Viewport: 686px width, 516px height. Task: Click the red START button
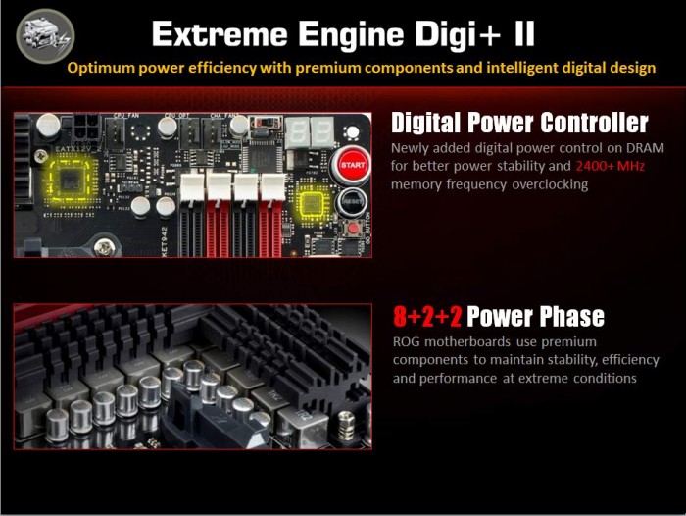353,165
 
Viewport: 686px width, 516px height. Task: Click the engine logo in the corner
45,36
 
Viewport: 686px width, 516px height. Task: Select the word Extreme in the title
220,34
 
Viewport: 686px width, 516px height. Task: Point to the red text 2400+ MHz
610,166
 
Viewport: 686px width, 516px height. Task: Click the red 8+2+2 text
427,316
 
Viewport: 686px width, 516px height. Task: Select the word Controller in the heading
594,123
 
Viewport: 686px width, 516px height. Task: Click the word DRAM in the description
645,148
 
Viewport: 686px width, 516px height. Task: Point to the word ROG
407,341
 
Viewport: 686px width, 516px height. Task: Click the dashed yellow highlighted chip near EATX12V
70,180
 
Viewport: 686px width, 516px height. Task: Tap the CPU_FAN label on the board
126,115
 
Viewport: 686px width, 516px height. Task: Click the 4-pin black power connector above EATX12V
86,127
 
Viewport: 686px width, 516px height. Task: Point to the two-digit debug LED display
310,131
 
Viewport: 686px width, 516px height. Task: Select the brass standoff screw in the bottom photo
346,425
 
